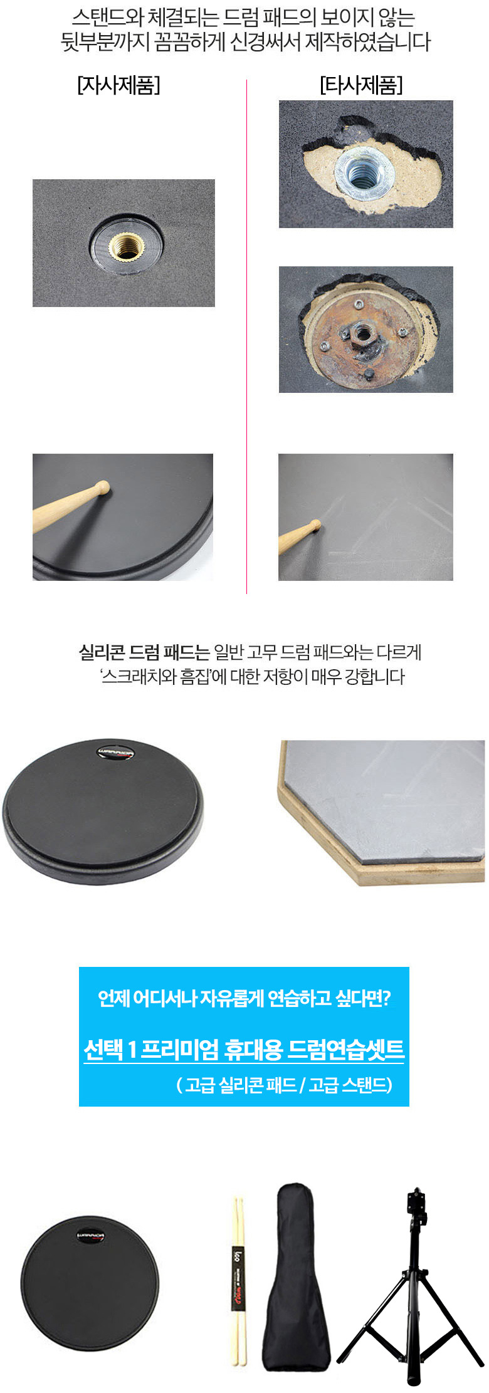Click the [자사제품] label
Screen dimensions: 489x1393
click(x=118, y=85)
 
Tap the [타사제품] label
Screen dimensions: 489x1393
click(x=361, y=85)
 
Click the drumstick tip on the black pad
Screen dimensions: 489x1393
click(x=102, y=487)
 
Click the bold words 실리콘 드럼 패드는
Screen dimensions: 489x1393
click(x=144, y=652)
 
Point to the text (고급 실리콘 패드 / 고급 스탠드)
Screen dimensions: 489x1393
click(x=285, y=1085)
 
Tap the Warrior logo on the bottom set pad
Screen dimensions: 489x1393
click(x=91, y=1237)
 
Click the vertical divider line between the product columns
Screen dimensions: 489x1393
click(x=246, y=337)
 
